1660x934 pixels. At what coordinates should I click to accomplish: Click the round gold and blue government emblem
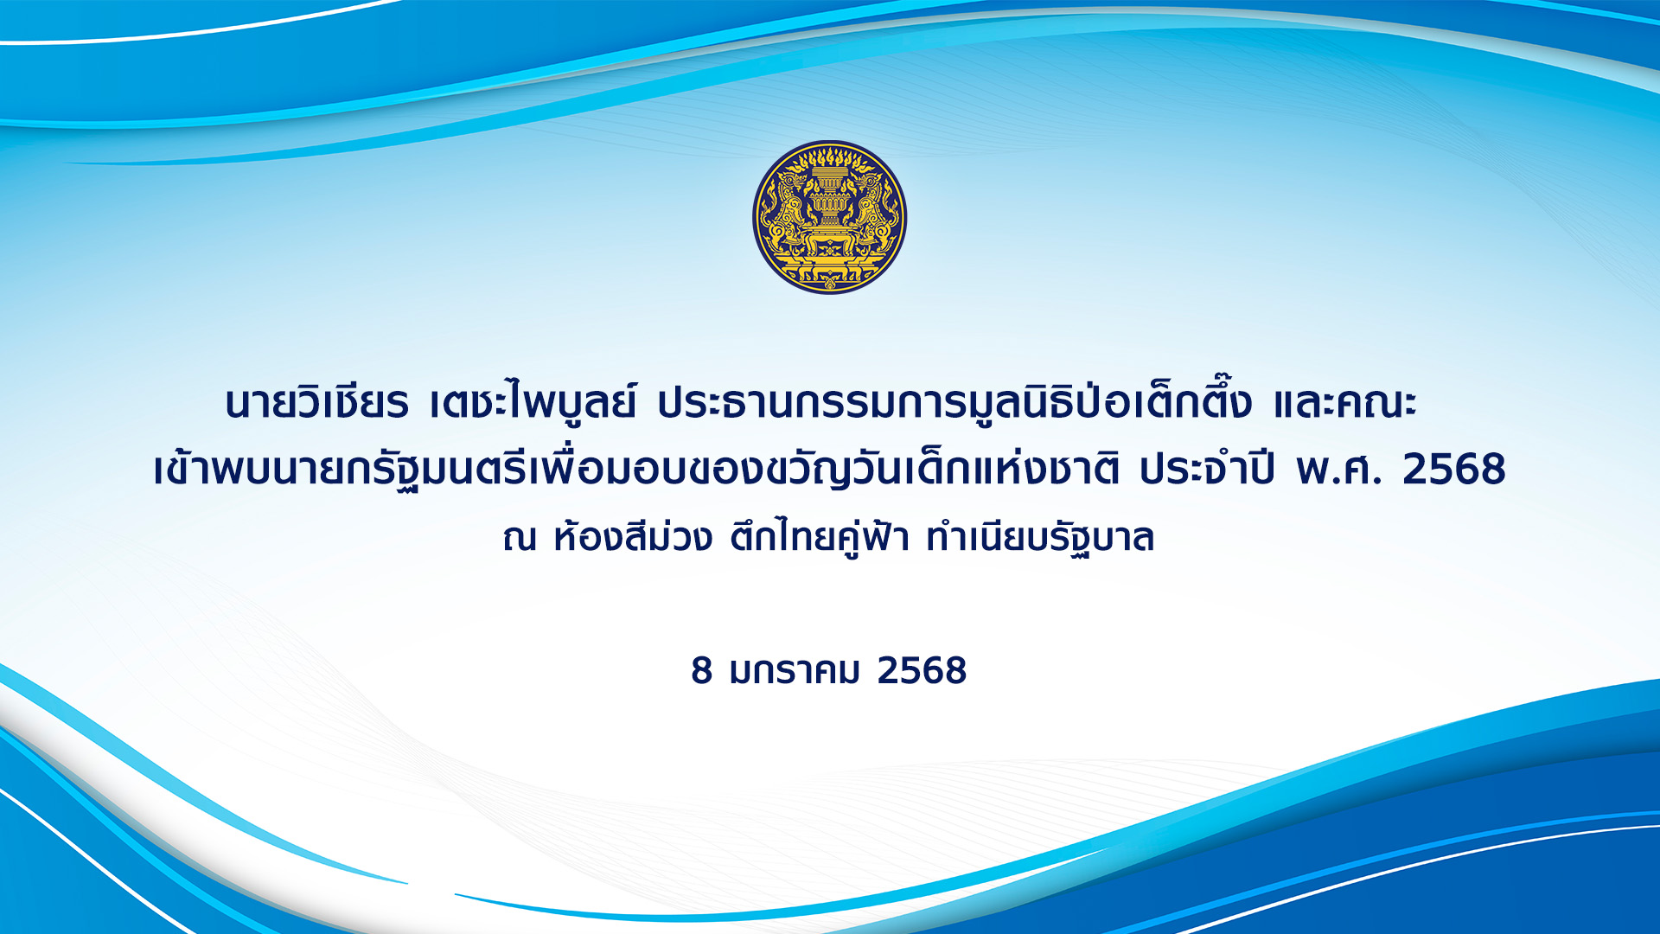click(x=830, y=217)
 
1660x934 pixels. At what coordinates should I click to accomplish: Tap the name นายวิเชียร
click(x=316, y=403)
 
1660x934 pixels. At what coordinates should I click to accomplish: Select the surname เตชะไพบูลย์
click(x=533, y=403)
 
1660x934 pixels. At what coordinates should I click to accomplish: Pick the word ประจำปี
click(x=1207, y=468)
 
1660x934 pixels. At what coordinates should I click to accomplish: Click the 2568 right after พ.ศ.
click(x=1454, y=470)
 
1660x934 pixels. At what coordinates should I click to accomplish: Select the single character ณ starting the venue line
click(x=520, y=538)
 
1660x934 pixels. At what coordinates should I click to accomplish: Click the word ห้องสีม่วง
click(x=633, y=536)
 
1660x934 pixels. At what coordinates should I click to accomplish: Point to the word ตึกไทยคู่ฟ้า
click(x=820, y=537)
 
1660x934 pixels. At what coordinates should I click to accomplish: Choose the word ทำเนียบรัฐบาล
click(x=1040, y=538)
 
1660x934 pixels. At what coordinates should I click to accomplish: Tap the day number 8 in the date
click(x=701, y=671)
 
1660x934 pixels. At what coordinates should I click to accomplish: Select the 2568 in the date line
click(x=922, y=671)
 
